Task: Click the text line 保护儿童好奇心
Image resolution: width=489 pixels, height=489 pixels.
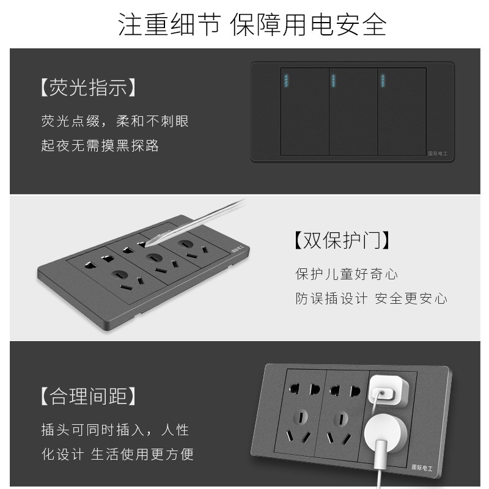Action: click(347, 273)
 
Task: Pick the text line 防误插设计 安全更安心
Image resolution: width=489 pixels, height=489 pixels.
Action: click(370, 298)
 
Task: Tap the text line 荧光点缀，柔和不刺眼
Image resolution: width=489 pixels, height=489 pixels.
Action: click(115, 120)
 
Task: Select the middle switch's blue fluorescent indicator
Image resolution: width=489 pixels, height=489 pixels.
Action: click(334, 81)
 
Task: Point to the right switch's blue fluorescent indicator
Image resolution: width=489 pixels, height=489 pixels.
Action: click(383, 81)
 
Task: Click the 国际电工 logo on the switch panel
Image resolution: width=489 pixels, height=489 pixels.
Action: click(436, 154)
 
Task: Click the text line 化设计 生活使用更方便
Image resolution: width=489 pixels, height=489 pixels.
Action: click(117, 454)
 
